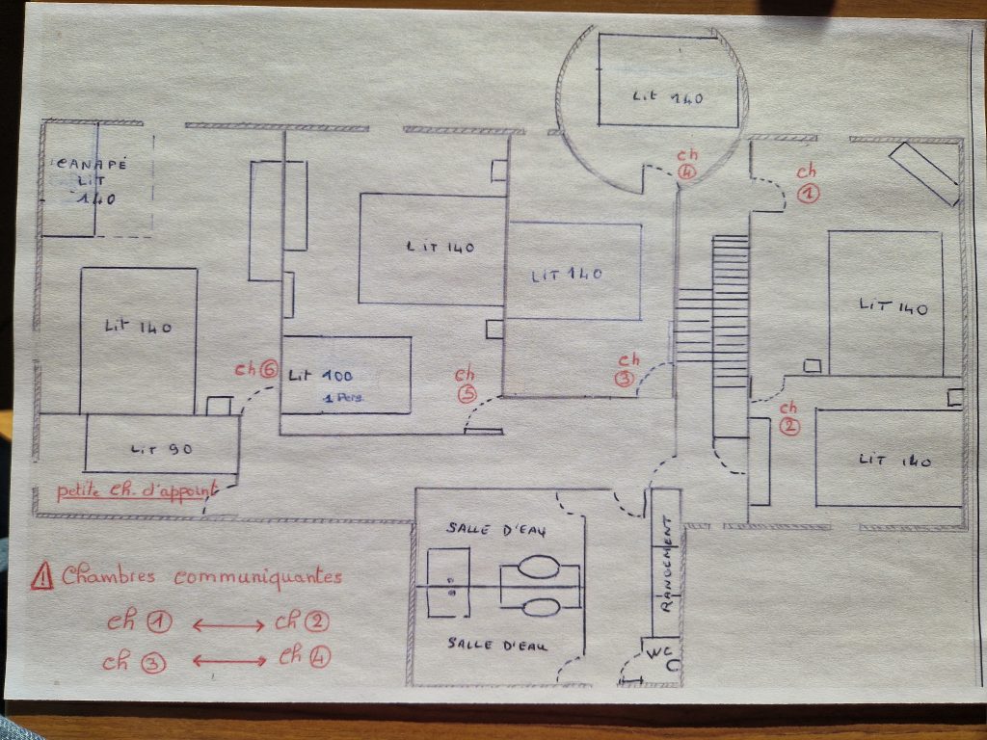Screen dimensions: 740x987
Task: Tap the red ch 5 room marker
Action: click(466, 383)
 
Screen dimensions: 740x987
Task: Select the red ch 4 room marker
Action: click(686, 163)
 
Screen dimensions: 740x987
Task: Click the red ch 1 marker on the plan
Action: click(807, 183)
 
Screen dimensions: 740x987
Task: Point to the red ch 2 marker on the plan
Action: click(788, 417)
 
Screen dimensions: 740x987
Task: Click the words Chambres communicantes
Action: click(201, 576)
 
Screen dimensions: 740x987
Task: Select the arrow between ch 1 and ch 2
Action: click(228, 625)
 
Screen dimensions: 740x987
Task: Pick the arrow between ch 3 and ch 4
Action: click(229, 661)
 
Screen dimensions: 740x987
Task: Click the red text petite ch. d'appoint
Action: click(135, 491)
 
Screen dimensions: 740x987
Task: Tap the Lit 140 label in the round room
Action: click(669, 96)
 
